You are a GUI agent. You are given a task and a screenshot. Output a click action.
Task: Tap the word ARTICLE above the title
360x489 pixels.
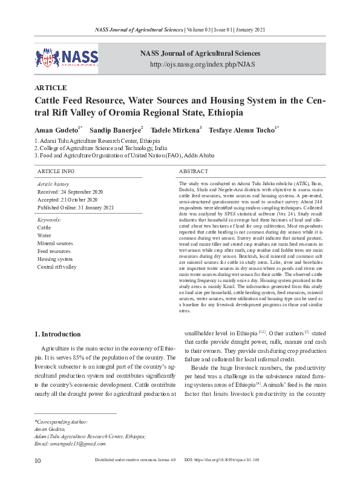tap(51, 88)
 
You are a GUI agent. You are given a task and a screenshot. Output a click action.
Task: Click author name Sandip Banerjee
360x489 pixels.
tap(115, 130)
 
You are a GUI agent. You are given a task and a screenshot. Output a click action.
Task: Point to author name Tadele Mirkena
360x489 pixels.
tap(174, 130)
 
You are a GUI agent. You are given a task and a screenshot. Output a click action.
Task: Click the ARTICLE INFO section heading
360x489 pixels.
tap(56, 172)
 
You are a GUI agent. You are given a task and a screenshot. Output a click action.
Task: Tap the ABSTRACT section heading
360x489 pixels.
tap(194, 172)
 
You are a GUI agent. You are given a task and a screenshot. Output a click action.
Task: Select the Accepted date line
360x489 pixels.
tap(67, 199)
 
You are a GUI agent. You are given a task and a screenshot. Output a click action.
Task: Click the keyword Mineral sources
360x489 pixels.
tap(55, 243)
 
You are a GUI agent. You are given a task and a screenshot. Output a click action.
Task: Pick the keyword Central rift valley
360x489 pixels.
tap(57, 266)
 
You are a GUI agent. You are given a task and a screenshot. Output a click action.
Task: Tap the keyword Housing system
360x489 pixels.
tap(54, 258)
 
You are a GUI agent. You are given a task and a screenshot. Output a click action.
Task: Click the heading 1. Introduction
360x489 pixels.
tap(57, 334)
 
